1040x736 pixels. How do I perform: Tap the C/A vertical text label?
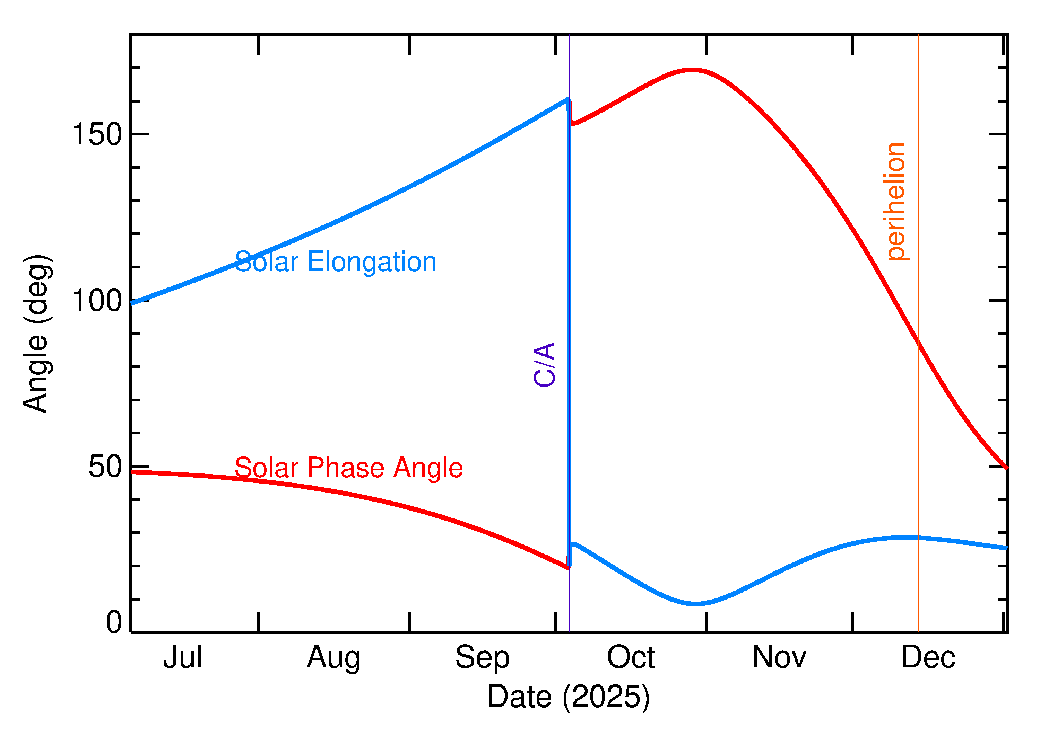tap(544, 364)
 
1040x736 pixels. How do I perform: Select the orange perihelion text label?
tap(896, 202)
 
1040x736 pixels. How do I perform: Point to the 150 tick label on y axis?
tap(97, 135)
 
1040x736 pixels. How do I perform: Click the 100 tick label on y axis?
tap(97, 301)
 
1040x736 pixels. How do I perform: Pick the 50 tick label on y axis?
tap(105, 467)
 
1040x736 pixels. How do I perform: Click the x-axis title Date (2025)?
tap(568, 697)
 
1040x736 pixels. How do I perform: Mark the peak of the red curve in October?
tap(691, 70)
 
